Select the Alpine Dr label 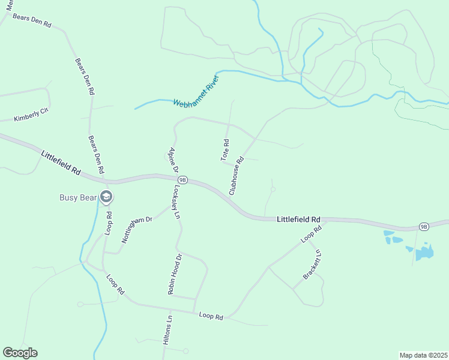point(173,160)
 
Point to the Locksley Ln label point(176,203)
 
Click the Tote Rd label point(225,150)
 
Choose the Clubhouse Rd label point(235,176)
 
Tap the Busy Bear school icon point(106,197)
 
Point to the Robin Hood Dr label point(175,274)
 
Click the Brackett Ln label point(312,265)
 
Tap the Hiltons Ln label point(167,329)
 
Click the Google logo point(20,353)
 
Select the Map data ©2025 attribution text point(423,355)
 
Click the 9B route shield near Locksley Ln point(183,179)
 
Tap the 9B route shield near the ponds point(424,226)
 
